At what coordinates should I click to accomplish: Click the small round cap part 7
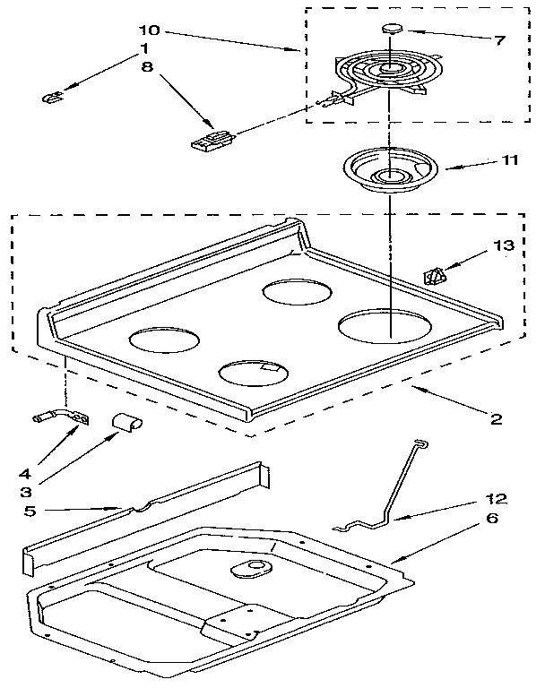pyautogui.click(x=391, y=28)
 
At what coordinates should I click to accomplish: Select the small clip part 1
pyautogui.click(x=53, y=97)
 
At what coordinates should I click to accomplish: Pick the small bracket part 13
pyautogui.click(x=435, y=275)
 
